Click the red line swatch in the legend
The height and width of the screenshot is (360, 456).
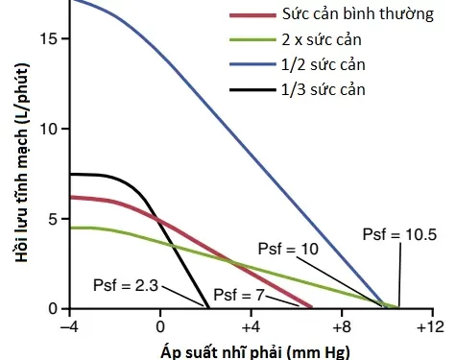point(252,16)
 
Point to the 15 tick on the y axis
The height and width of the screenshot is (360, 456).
point(50,38)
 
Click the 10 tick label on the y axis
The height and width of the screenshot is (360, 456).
point(50,129)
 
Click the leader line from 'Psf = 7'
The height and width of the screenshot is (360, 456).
point(279,300)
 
